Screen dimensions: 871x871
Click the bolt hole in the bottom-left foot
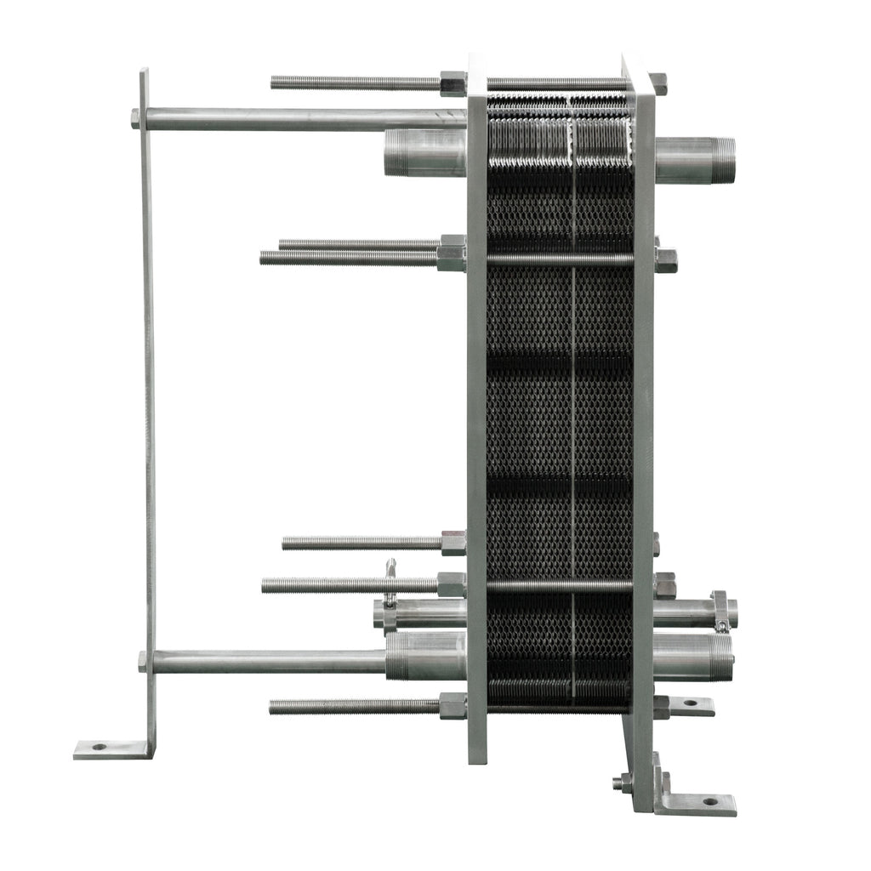click(x=100, y=747)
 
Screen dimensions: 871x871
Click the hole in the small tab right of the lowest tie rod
click(x=688, y=704)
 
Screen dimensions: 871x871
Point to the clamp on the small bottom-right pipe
click(x=720, y=612)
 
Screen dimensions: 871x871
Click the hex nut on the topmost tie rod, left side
click(x=453, y=83)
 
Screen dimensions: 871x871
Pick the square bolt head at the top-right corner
click(x=658, y=83)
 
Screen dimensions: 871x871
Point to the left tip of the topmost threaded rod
click(x=275, y=83)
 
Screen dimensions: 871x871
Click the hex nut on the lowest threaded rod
click(x=453, y=706)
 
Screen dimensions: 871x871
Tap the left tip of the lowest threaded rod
click(x=273, y=707)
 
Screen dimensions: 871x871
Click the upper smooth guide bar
click(x=298, y=118)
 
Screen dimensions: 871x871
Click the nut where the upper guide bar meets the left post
click(x=135, y=118)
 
